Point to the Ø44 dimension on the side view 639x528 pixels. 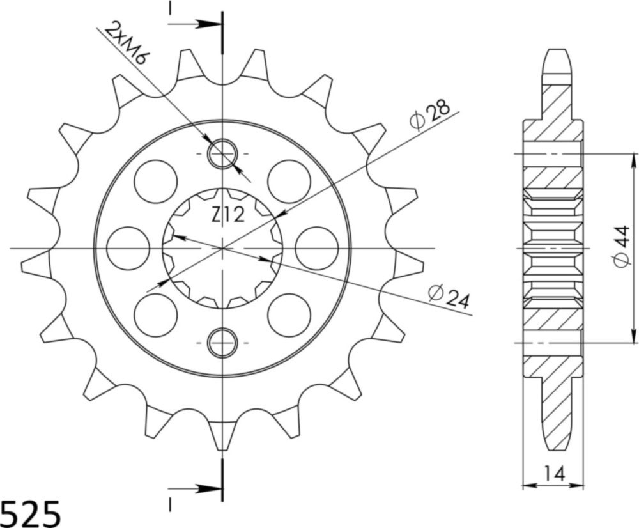pos(624,246)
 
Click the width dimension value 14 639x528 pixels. pos(553,474)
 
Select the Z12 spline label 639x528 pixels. pos(227,216)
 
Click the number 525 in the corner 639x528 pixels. pos(31,513)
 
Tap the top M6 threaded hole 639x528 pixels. pos(222,153)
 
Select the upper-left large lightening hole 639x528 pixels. pos(155,182)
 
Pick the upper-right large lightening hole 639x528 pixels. pos(289,182)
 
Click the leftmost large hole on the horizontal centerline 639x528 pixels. pos(128,247)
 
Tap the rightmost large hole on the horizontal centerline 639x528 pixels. pos(316,247)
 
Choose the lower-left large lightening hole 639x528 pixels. pos(155,314)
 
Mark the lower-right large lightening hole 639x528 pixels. pos(289,314)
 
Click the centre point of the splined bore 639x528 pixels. pos(222,247)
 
